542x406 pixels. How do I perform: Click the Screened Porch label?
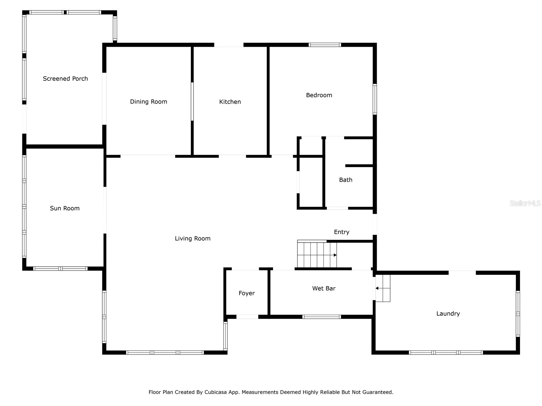[x=65, y=78]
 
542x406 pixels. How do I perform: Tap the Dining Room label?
[x=148, y=101]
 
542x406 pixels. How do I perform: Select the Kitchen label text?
[x=230, y=101]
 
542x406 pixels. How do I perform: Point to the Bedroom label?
[x=319, y=95]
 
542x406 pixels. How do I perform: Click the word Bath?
[x=346, y=180]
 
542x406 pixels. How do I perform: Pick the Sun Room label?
[x=65, y=208]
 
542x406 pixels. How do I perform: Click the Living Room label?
[x=192, y=239]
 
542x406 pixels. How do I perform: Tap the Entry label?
[x=341, y=232]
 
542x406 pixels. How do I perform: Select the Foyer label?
[x=246, y=293]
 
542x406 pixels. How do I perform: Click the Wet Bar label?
[x=324, y=288]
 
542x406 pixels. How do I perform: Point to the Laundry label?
[x=448, y=314]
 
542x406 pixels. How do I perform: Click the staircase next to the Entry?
[x=316, y=254]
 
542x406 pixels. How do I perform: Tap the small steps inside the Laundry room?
[x=383, y=288]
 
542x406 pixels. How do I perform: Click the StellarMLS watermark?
[x=525, y=203]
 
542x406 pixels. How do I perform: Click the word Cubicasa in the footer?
[x=215, y=392]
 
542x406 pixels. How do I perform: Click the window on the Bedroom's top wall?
[x=325, y=45]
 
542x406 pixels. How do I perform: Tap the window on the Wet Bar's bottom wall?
[x=321, y=317]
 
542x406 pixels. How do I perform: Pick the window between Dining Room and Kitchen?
[x=192, y=101]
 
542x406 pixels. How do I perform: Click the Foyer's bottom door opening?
[x=247, y=317]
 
